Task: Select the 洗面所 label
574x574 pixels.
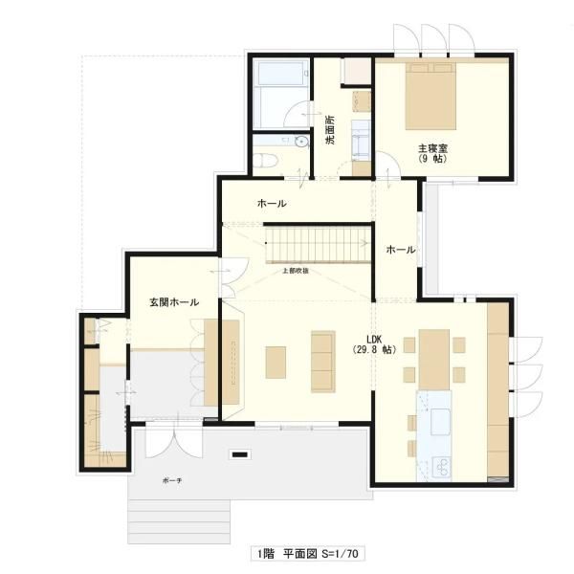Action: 330,130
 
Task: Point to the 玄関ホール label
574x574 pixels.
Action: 173,302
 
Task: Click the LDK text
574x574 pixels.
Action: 373,339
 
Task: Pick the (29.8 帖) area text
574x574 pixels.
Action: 373,351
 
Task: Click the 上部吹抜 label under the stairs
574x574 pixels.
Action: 295,272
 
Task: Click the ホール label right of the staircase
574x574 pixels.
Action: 400,250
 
